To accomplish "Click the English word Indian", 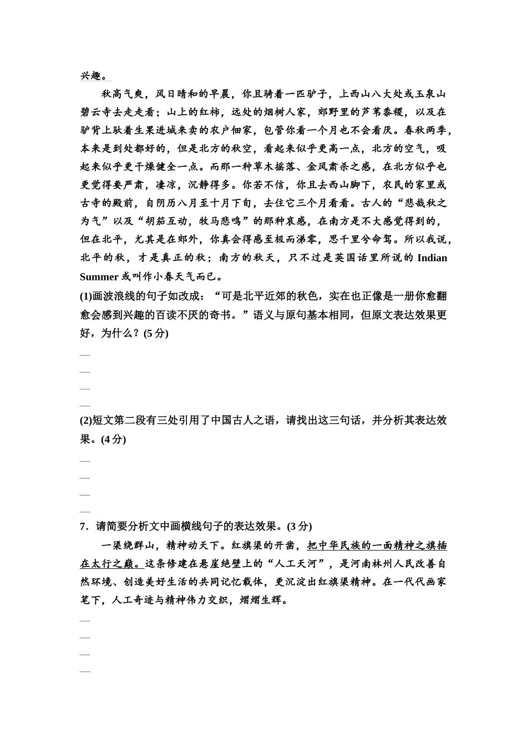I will pos(432,258).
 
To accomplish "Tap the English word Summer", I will pos(99,276).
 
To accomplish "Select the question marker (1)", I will pos(86,296).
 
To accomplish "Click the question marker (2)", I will pos(86,420).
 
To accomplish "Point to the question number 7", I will pos(83,525).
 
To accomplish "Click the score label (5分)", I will pos(156,333).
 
